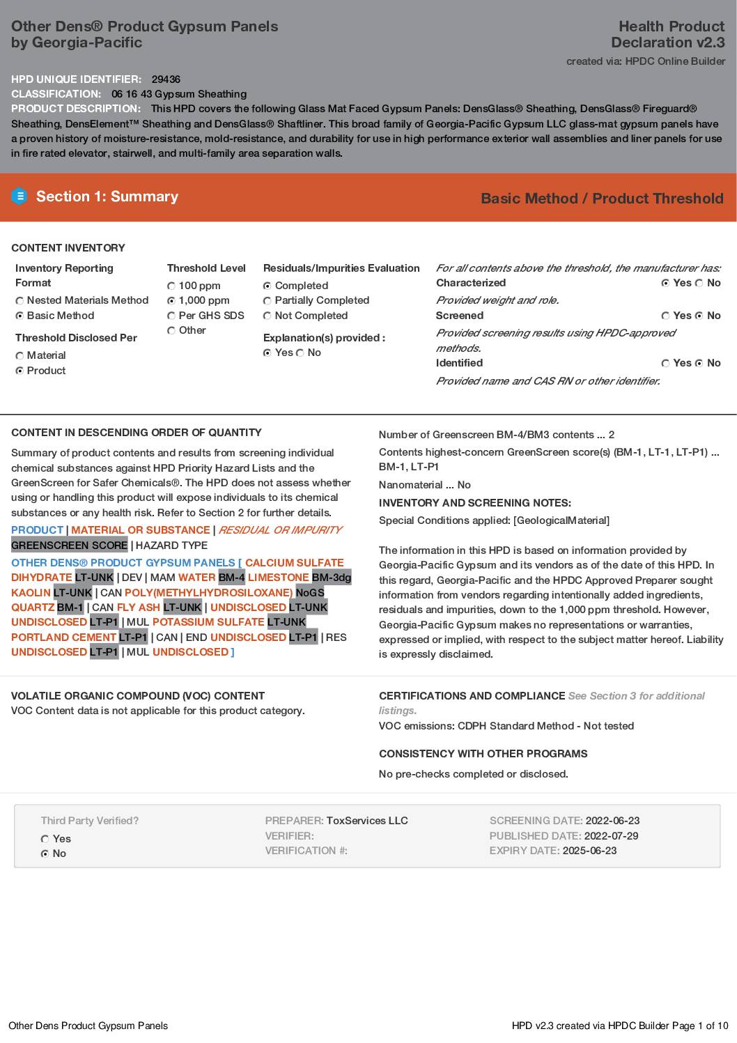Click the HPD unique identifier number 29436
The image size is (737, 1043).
click(166, 79)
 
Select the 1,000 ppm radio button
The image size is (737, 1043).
click(171, 301)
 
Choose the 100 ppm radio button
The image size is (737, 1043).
click(171, 286)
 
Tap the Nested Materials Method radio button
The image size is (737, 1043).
click(20, 301)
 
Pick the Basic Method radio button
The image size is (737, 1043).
click(20, 316)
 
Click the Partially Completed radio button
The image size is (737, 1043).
click(267, 301)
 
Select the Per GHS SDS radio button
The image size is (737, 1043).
click(171, 316)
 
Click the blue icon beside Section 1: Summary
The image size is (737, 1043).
click(20, 196)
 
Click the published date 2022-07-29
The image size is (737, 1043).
click(611, 836)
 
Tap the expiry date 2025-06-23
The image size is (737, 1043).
click(589, 851)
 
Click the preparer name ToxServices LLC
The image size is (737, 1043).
click(367, 821)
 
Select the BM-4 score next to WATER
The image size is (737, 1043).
click(231, 578)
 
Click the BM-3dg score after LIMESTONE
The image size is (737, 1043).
click(332, 578)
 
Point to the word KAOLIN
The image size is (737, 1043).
click(31, 593)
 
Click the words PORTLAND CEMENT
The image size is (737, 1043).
click(63, 638)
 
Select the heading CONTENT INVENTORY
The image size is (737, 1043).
click(68, 248)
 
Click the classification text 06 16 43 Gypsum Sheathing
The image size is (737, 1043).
click(179, 94)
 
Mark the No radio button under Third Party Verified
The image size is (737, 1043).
click(45, 854)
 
